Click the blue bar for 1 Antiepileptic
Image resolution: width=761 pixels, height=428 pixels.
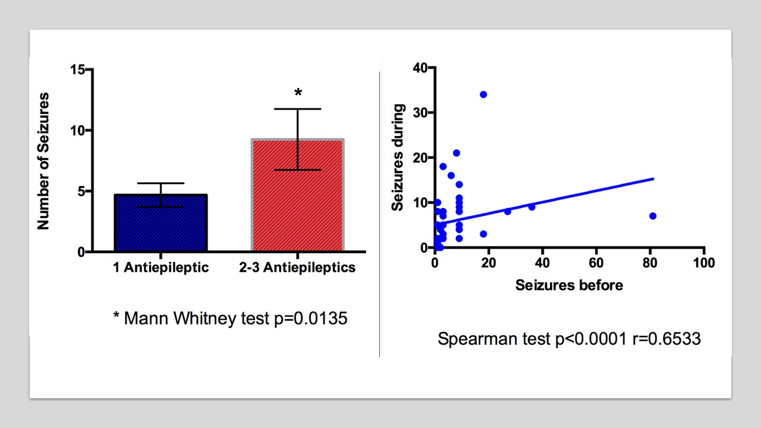point(160,223)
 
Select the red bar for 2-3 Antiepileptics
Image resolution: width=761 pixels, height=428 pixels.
point(298,196)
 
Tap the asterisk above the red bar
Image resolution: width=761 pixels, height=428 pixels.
point(298,93)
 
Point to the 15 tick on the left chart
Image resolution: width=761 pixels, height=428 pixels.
point(77,70)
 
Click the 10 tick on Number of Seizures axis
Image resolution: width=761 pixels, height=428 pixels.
point(77,130)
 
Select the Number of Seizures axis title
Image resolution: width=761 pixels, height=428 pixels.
point(43,160)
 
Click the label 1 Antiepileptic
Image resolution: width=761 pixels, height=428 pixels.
point(161,267)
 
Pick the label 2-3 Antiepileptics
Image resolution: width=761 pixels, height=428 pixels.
point(297,267)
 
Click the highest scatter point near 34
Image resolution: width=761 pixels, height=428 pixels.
point(483,95)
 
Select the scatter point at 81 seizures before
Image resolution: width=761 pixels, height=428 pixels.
point(653,216)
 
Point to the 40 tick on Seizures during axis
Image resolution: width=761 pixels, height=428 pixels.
point(420,68)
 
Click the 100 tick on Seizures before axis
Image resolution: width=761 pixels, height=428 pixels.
point(704,262)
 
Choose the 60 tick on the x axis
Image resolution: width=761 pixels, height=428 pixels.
point(596,262)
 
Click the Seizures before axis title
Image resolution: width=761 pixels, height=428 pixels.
point(569,285)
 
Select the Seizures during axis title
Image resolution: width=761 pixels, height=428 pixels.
point(399,158)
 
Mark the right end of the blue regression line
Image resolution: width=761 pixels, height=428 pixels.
point(653,178)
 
